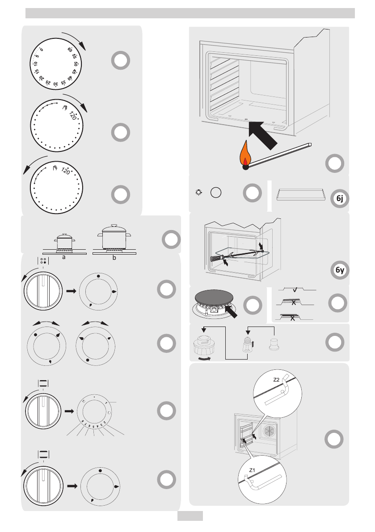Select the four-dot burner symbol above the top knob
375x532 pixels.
(43, 262)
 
